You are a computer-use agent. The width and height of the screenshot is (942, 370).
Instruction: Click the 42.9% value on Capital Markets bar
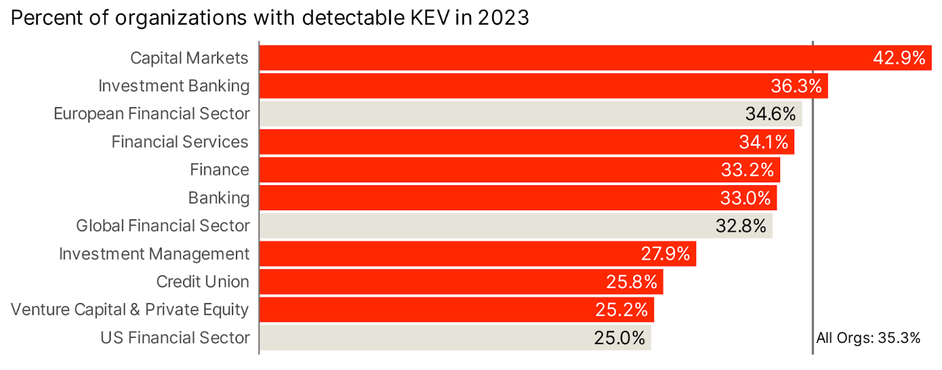coord(898,58)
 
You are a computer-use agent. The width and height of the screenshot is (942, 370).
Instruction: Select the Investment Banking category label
coord(174,86)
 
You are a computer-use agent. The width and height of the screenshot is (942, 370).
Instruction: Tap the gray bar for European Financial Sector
coord(500,114)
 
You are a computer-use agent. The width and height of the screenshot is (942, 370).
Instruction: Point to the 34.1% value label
coord(764,142)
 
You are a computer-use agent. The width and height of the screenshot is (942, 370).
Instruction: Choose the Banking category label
coord(218,198)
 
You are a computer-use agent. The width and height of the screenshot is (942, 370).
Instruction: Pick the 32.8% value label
coord(741,226)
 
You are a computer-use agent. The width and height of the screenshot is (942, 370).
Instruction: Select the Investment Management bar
coord(447,254)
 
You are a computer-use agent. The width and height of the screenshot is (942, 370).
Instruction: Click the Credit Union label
coord(203,282)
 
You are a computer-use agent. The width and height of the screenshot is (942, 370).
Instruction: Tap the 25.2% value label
coord(621,309)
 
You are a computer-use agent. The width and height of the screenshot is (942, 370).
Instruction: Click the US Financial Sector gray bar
coord(424,338)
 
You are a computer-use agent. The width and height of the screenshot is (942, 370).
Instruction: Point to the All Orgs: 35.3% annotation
coord(868,338)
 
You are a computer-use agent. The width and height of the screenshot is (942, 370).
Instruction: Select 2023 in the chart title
coord(503,18)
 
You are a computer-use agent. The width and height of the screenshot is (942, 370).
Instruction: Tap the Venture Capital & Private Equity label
coord(130,309)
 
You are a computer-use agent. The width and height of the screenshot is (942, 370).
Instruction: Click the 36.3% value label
coord(796,86)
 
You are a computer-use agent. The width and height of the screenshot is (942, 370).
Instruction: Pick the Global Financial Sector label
coord(162,226)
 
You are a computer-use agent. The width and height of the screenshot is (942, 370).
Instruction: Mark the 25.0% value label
coord(619,338)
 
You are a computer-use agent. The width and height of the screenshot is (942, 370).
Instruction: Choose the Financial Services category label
coord(180,142)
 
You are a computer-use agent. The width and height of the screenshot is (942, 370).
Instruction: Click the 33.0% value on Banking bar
coord(745,198)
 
